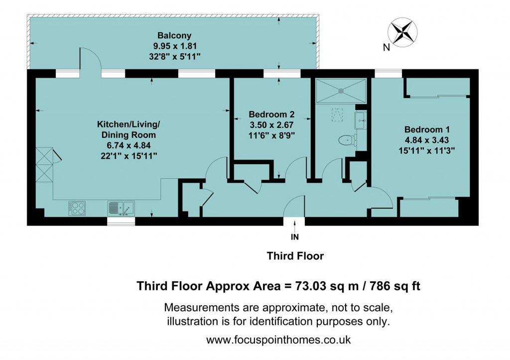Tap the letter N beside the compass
pos(386,48)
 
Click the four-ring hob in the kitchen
pos(76,207)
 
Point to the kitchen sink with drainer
pos(121,207)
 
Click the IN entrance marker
pos(295,237)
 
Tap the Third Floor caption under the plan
pos(295,256)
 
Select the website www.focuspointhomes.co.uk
pos(279,340)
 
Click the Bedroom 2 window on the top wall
pos(282,74)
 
